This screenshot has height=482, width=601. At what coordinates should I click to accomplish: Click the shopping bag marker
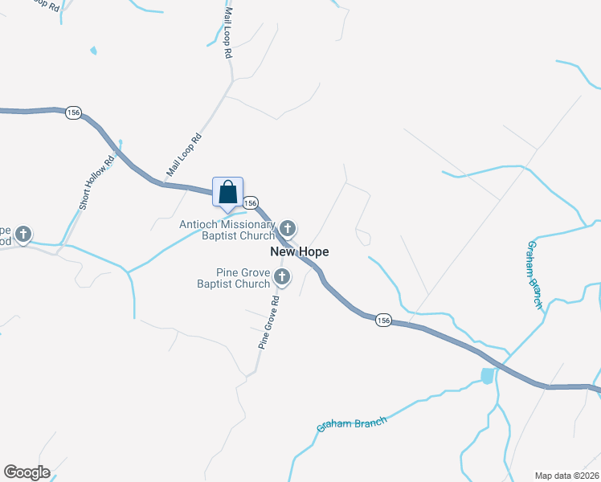[227, 194]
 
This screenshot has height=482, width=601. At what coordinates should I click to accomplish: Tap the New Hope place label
[299, 251]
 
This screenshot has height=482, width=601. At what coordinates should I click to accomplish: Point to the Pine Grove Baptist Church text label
[233, 278]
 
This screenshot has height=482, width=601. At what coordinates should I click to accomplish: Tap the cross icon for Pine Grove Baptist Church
[282, 278]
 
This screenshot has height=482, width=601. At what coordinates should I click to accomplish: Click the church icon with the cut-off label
[24, 235]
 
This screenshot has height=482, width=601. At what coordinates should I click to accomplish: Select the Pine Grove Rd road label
[268, 321]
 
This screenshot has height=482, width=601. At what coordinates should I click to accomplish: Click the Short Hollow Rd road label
[97, 181]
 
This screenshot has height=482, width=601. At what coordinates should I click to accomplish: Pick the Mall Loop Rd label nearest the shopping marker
[183, 155]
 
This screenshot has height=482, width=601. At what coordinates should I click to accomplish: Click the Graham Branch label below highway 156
[352, 423]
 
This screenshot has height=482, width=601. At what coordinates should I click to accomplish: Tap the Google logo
[27, 472]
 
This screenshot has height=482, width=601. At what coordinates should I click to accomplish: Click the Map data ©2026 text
[566, 475]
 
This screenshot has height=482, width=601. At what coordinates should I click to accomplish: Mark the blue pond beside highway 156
[487, 375]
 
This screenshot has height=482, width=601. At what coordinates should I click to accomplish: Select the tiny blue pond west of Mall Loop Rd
[94, 51]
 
